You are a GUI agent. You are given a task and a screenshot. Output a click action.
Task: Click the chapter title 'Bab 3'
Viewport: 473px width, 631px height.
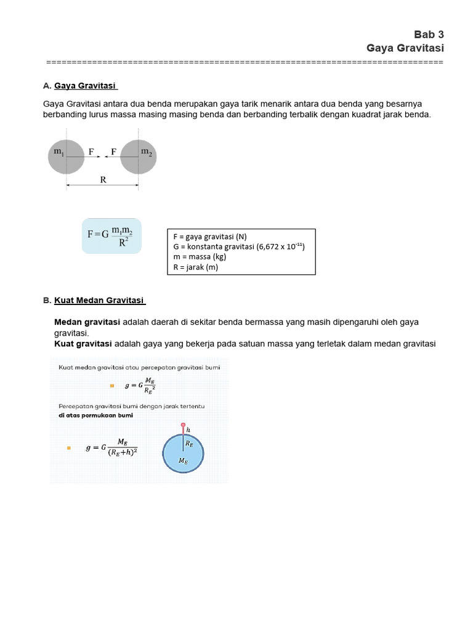click(429, 35)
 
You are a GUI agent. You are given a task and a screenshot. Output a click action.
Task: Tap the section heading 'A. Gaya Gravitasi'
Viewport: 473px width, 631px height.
click(80, 86)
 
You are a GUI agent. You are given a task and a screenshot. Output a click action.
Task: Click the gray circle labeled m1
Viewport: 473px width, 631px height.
click(66, 157)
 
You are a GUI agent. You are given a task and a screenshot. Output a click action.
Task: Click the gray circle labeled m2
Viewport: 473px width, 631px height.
click(139, 157)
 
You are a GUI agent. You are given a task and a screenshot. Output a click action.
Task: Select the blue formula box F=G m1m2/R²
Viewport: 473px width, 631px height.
click(111, 236)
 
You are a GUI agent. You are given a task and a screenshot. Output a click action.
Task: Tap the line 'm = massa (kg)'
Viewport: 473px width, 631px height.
click(200, 257)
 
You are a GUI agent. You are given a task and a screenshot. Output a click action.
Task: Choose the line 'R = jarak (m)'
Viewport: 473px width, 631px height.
click(195, 267)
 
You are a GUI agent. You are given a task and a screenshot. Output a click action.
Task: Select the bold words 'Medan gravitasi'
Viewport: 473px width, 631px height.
click(87, 322)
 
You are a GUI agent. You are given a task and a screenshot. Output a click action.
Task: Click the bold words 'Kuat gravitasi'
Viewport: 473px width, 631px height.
click(83, 343)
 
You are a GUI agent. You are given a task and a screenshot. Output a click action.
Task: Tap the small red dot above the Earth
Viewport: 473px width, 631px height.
click(182, 425)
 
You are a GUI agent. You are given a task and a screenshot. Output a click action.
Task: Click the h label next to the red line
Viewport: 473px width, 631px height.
click(188, 430)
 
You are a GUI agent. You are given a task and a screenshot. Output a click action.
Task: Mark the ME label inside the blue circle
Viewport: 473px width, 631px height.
click(183, 460)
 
